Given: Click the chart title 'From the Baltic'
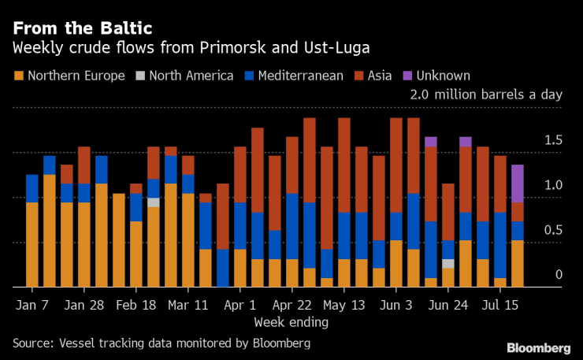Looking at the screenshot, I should tap(82, 28).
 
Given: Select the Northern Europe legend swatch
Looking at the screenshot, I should tap(18, 76).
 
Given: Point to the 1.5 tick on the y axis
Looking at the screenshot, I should tap(553, 140).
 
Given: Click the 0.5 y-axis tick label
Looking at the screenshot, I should tap(553, 230).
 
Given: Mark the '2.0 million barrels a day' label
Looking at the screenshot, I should tap(485, 95).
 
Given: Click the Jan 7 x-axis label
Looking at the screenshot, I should tap(32, 303).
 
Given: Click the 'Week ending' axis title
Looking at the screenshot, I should tap(291, 321).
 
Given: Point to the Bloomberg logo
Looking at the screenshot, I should tap(538, 347).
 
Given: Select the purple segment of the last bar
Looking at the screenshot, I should tap(518, 184).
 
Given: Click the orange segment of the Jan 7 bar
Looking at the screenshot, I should tap(32, 244).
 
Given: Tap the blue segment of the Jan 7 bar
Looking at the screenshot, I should tap(32, 188).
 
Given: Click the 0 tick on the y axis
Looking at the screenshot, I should tap(558, 275).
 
